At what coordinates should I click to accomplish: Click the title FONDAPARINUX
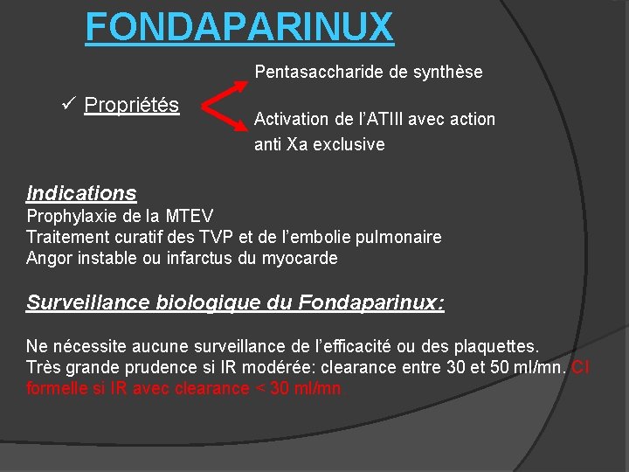click(239, 27)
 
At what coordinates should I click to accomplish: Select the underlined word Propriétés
click(131, 106)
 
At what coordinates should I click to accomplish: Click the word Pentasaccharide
click(319, 72)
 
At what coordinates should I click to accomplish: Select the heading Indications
click(81, 193)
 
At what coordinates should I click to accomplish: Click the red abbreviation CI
click(581, 367)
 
